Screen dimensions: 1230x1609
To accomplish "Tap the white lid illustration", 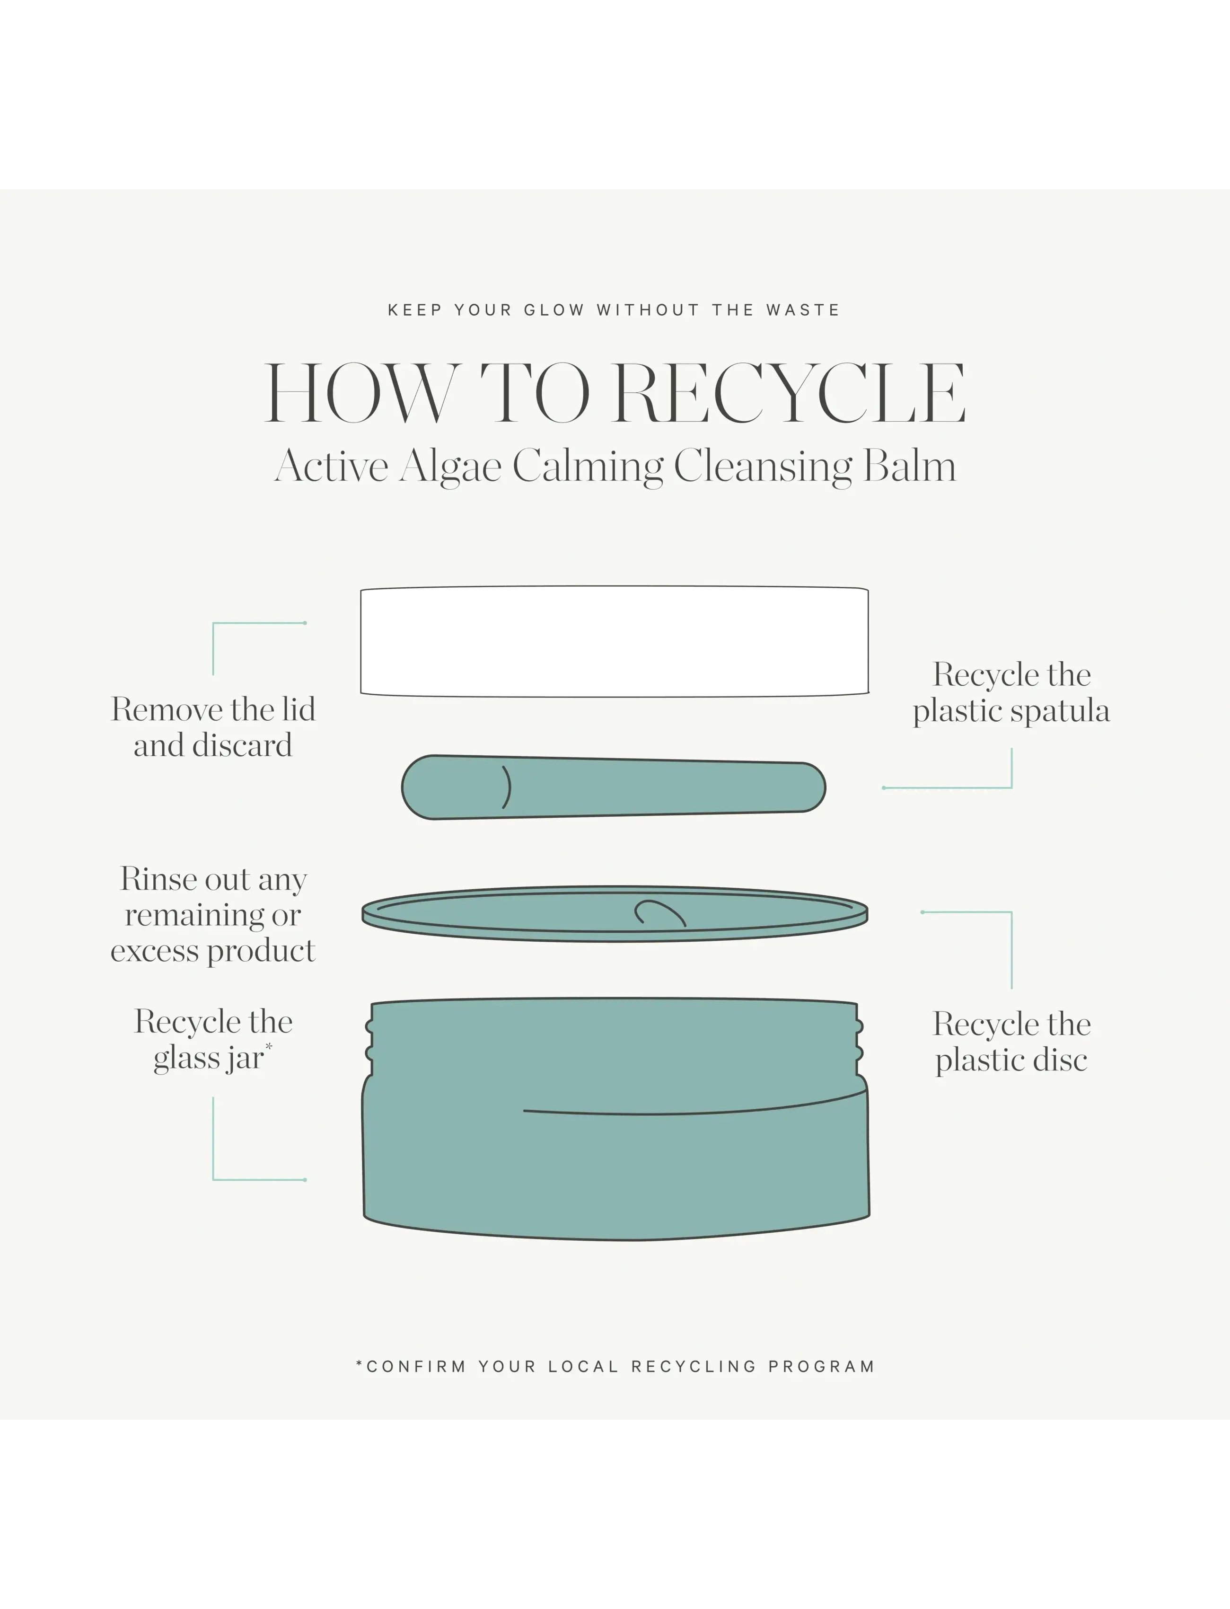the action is coord(614,642).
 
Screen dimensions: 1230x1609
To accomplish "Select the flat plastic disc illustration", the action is coord(614,913).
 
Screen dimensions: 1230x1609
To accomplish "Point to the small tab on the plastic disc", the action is coord(659,912).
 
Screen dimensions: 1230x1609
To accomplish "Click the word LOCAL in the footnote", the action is coord(583,1367).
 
